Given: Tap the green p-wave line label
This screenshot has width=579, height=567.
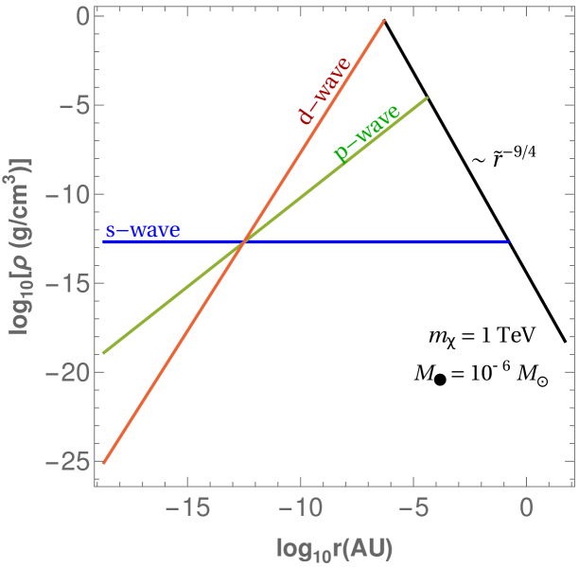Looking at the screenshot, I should (x=367, y=133).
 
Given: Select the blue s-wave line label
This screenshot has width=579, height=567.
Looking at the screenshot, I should (x=142, y=230).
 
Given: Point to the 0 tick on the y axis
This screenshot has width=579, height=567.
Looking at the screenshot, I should (x=81, y=17).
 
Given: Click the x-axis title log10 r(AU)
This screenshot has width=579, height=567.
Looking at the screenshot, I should (x=334, y=548).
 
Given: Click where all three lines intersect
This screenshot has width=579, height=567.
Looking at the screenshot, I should (x=244, y=242).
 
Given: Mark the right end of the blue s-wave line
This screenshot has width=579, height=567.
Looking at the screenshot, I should (x=509, y=242).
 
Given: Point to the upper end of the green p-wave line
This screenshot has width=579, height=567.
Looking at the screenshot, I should (x=428, y=97).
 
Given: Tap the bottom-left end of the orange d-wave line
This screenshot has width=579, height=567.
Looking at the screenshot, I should (x=103, y=463).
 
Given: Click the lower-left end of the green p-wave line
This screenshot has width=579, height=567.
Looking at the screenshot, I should (x=103, y=353).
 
